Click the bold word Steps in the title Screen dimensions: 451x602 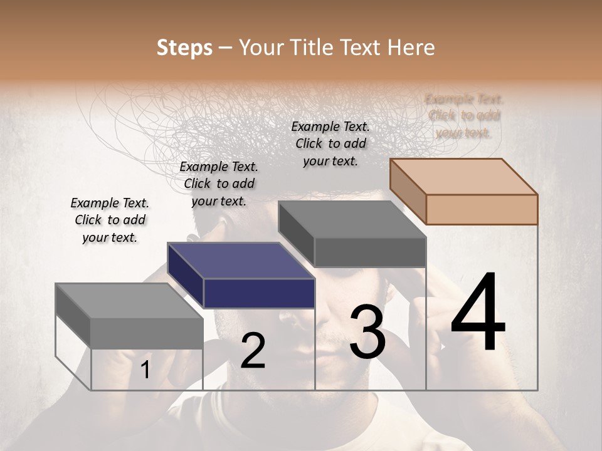(x=184, y=48)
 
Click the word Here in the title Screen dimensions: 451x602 (x=412, y=48)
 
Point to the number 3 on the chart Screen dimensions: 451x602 (x=367, y=333)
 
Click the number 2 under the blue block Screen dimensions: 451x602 (x=253, y=351)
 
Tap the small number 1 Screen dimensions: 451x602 (x=145, y=370)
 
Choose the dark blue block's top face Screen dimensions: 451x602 (x=241, y=261)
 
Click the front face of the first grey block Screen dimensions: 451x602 (x=147, y=333)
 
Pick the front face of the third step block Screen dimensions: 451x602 (x=370, y=252)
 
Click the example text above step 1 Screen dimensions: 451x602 (x=110, y=220)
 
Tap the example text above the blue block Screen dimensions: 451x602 (x=219, y=184)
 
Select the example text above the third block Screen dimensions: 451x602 (x=330, y=143)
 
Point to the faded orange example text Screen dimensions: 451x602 (x=464, y=115)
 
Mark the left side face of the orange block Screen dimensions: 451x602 (x=408, y=190)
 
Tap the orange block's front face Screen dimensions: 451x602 (x=482, y=209)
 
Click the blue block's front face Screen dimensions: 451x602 (x=259, y=293)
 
